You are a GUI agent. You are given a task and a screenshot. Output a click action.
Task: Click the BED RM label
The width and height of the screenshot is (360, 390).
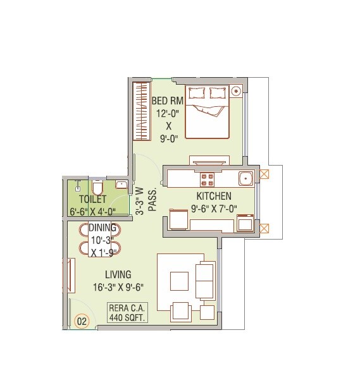(168, 101)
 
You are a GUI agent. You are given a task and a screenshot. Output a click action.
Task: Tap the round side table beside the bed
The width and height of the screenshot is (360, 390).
(237, 91)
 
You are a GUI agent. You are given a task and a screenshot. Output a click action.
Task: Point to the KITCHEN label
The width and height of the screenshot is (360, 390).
(214, 196)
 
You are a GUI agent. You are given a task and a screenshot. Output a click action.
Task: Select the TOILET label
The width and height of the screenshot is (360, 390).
(92, 199)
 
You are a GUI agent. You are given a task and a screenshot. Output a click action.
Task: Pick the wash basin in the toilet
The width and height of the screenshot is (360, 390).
(121, 185)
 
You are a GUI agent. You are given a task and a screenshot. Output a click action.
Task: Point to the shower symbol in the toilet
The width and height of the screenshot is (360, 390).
(78, 185)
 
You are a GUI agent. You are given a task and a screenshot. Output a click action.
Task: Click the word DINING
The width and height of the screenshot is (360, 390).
(102, 228)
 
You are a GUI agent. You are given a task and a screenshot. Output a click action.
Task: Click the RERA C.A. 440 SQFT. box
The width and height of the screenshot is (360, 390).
(127, 313)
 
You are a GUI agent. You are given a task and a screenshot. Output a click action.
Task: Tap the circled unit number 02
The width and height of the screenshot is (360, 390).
(81, 320)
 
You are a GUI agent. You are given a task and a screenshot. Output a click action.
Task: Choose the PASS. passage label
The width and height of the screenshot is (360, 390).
(152, 204)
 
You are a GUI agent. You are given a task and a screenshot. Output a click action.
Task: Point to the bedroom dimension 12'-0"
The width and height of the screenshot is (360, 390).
(168, 114)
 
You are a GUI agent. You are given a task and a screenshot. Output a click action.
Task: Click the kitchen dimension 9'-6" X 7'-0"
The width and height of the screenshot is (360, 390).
(214, 208)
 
